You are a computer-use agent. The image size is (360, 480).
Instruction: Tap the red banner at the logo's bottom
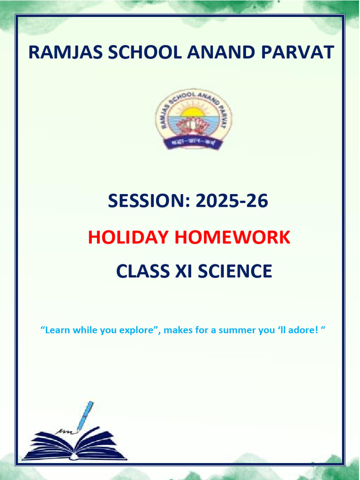(x=193, y=141)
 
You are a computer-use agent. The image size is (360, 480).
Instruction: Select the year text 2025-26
(x=232, y=201)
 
